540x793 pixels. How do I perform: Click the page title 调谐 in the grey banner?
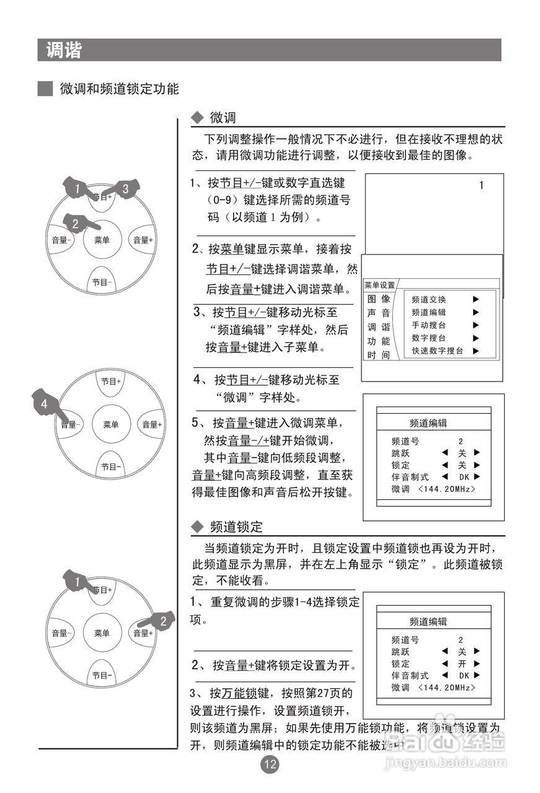coord(63,50)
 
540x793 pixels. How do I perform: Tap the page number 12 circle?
coord(270,765)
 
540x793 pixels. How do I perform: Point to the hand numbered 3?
coord(125,188)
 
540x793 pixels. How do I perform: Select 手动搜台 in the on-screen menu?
coord(428,325)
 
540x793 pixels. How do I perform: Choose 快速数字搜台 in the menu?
coord(437,351)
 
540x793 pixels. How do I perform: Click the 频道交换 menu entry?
coord(428,299)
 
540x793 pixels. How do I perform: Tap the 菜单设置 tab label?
coord(379,285)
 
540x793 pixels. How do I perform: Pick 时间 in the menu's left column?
coord(378,355)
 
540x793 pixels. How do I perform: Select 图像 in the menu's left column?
coord(378,299)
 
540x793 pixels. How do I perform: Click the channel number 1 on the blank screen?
coord(481,185)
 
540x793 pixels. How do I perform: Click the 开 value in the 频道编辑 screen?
coord(461,664)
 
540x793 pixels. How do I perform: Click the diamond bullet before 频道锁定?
coord(197,527)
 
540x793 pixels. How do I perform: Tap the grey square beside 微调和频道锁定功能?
coord(45,89)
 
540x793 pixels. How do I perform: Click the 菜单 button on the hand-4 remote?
coord(111,424)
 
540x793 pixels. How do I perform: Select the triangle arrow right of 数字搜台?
coord(476,338)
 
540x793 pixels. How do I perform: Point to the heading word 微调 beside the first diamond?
coord(223,118)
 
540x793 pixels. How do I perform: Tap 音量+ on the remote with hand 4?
coord(151,424)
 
